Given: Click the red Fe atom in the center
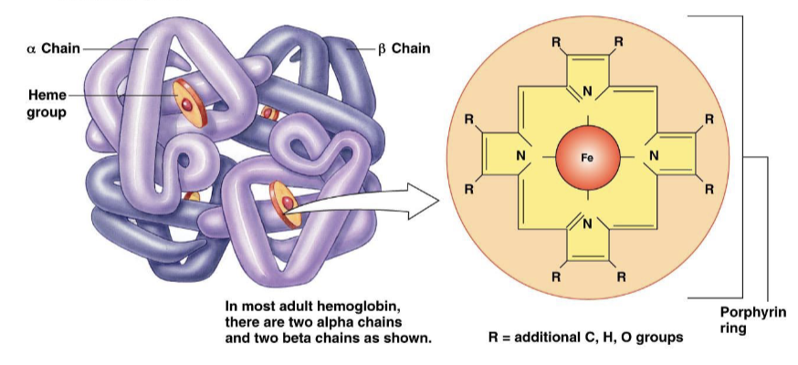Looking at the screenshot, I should (x=587, y=157).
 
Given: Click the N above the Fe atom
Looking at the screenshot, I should (x=587, y=91).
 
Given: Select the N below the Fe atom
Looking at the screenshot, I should (x=587, y=223).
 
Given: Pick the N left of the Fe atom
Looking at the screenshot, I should (x=521, y=157).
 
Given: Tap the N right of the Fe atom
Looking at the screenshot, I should (x=653, y=157).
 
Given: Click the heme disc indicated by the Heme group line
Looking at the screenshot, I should (x=186, y=103).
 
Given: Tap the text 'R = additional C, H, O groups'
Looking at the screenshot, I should (x=584, y=338).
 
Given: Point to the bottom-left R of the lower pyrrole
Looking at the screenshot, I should (x=556, y=273).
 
